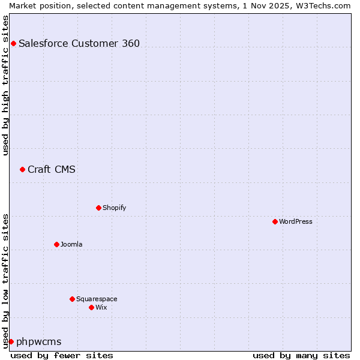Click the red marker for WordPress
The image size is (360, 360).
[275, 221]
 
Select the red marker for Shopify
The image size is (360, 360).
[98, 208]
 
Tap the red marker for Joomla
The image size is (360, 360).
[56, 244]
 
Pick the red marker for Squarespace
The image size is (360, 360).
[72, 299]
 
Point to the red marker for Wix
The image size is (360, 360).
[91, 307]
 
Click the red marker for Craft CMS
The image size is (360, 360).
[22, 169]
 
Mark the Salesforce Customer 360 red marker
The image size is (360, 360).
[13, 43]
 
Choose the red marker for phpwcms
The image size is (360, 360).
[11, 341]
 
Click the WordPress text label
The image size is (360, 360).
[296, 221]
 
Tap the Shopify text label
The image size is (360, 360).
[115, 208]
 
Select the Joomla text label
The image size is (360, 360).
[71, 244]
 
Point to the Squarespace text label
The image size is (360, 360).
[97, 299]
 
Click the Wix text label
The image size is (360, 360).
[101, 307]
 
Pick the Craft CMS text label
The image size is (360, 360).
[52, 169]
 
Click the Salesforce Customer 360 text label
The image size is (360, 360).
[79, 43]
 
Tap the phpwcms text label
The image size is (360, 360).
[39, 341]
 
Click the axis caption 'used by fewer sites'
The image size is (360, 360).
[62, 355]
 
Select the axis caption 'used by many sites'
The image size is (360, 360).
[301, 355]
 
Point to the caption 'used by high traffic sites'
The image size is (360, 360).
[6, 85]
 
